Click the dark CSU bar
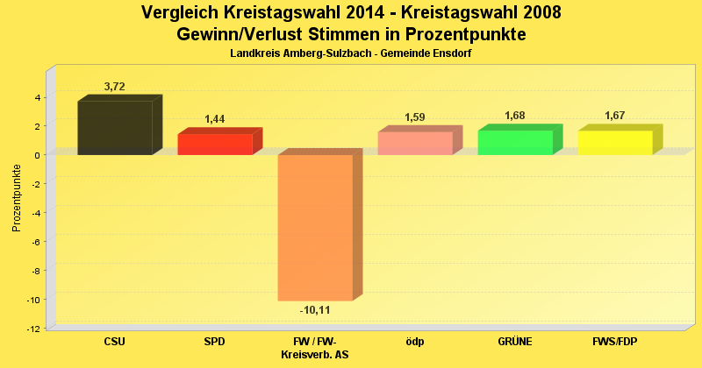pos(115,128)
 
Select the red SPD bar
pos(215,144)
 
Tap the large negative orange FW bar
pos(315,227)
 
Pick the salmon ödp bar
pos(415,143)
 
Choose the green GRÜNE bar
pos(515,142)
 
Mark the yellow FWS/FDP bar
pos(615,142)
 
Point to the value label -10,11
pos(315,310)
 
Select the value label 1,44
pos(216,118)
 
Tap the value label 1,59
pos(416,117)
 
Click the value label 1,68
pos(516,116)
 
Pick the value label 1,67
pos(616,116)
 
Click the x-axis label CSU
pos(115,341)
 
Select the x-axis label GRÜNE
pos(515,341)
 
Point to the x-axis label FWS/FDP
pos(615,341)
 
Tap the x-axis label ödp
pos(415,341)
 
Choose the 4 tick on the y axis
pos(38,97)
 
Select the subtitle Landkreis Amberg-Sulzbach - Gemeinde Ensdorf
pos(351,54)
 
